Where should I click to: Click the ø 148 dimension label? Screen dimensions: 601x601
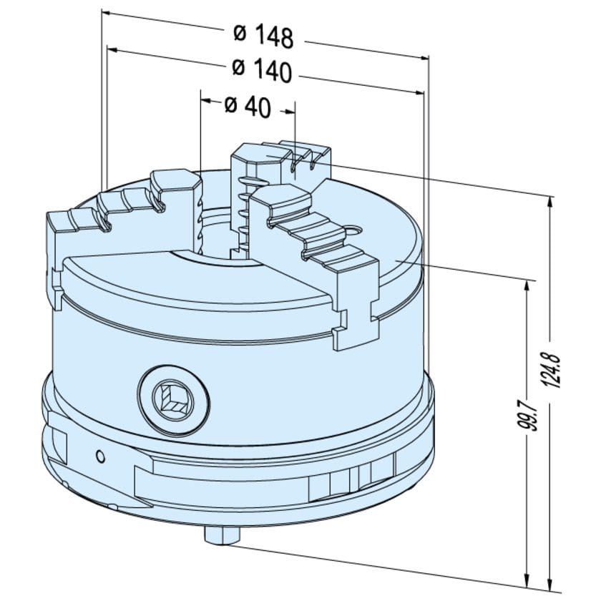click(263, 36)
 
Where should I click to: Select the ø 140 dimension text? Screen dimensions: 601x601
click(262, 71)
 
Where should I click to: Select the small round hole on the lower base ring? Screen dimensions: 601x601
click(101, 456)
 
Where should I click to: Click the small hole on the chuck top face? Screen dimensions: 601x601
click(353, 230)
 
